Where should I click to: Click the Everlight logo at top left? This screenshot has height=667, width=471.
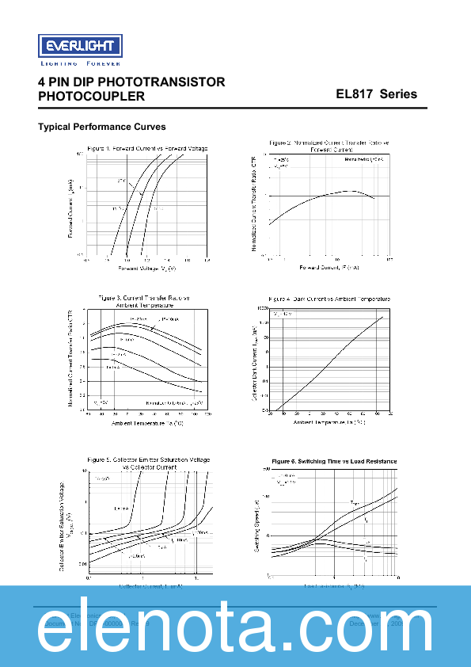tap(79, 45)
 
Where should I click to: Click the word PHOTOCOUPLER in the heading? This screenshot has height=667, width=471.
tap(91, 97)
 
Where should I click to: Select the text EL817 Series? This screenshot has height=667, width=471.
tap(376, 94)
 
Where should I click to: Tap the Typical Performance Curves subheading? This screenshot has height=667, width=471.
tap(102, 127)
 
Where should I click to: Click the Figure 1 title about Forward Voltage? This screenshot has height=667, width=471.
tap(147, 148)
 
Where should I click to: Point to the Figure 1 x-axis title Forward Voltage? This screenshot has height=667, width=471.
tap(147, 268)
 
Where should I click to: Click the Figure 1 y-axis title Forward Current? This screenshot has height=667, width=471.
tap(70, 208)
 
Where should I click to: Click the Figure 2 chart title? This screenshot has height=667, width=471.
tap(329, 146)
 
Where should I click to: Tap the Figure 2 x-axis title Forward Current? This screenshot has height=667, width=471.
tap(329, 268)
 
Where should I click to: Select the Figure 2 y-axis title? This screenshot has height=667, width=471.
tap(254, 204)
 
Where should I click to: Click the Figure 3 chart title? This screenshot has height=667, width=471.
tap(144, 300)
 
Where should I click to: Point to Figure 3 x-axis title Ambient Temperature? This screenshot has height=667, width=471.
tap(147, 424)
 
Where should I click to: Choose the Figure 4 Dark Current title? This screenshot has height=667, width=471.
tap(329, 299)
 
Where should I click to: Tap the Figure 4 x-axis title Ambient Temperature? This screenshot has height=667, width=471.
tap(329, 422)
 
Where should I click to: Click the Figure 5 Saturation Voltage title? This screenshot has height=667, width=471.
tap(148, 463)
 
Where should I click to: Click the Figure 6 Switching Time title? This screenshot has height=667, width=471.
tap(333, 461)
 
